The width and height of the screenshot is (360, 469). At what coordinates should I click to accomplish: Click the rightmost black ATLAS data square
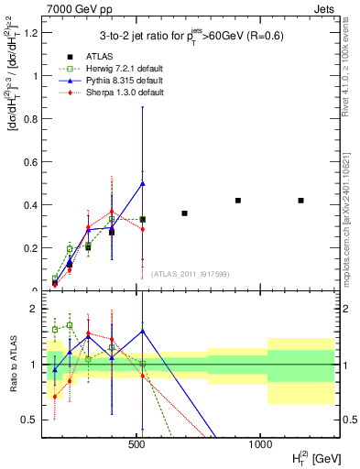pos(300,200)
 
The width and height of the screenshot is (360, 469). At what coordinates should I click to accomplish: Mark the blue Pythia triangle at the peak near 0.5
pos(143,183)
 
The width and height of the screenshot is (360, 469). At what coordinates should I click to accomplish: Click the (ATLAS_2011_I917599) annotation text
pos(188,274)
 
